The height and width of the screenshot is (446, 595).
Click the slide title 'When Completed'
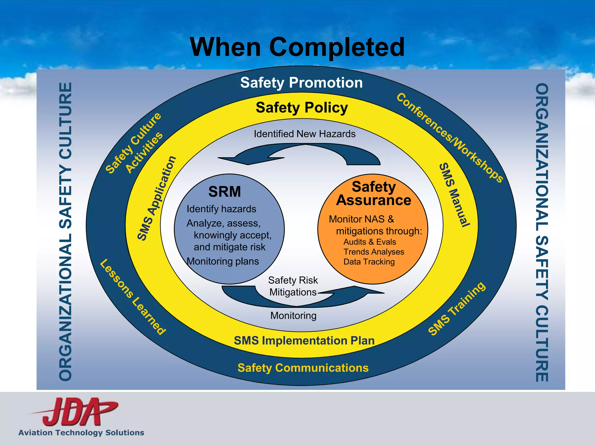[x=297, y=47]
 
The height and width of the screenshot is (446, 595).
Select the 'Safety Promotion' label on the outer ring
[x=301, y=83]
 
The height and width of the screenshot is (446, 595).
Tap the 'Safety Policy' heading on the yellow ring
[x=302, y=108]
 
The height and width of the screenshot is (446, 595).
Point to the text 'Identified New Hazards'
[x=304, y=134]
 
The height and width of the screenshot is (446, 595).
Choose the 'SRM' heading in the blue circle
[x=225, y=192]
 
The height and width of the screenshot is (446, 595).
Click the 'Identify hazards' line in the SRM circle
[x=221, y=209]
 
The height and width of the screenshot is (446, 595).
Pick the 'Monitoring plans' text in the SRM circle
[x=223, y=261]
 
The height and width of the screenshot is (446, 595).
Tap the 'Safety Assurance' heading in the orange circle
[x=374, y=193]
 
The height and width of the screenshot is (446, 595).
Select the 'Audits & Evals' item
[x=370, y=242]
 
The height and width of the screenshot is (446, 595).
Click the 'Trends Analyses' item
[x=374, y=252]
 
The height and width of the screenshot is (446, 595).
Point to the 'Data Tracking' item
[x=369, y=262]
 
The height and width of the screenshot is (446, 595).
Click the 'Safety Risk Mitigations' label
[x=293, y=286]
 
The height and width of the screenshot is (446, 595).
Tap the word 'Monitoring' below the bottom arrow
[x=293, y=316]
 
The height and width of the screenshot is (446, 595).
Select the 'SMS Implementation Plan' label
[x=304, y=341]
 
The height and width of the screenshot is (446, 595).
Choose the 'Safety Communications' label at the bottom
[x=303, y=368]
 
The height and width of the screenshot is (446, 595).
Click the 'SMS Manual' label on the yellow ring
[x=454, y=195]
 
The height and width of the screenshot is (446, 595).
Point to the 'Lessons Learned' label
[x=133, y=297]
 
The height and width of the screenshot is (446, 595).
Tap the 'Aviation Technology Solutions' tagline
[x=81, y=433]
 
